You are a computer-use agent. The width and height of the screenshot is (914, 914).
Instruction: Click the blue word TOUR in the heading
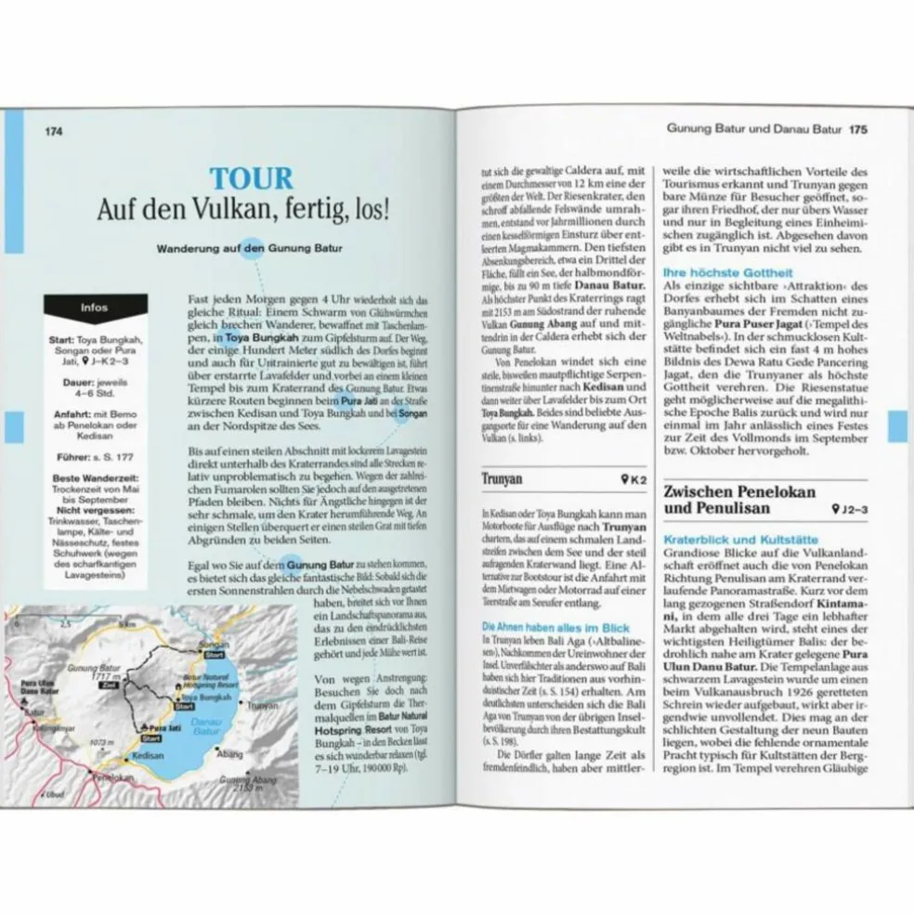click(251, 178)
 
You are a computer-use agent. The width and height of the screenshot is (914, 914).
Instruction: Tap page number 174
click(53, 131)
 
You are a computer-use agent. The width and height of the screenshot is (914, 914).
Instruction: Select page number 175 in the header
click(857, 130)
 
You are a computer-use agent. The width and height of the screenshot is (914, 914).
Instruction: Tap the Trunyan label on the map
click(264, 706)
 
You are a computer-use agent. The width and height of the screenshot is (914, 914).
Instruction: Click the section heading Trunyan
click(503, 479)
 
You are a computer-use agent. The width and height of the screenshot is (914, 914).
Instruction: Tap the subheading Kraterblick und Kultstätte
click(739, 540)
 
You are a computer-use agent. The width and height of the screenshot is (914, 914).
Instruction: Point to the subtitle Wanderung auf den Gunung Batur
click(250, 249)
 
